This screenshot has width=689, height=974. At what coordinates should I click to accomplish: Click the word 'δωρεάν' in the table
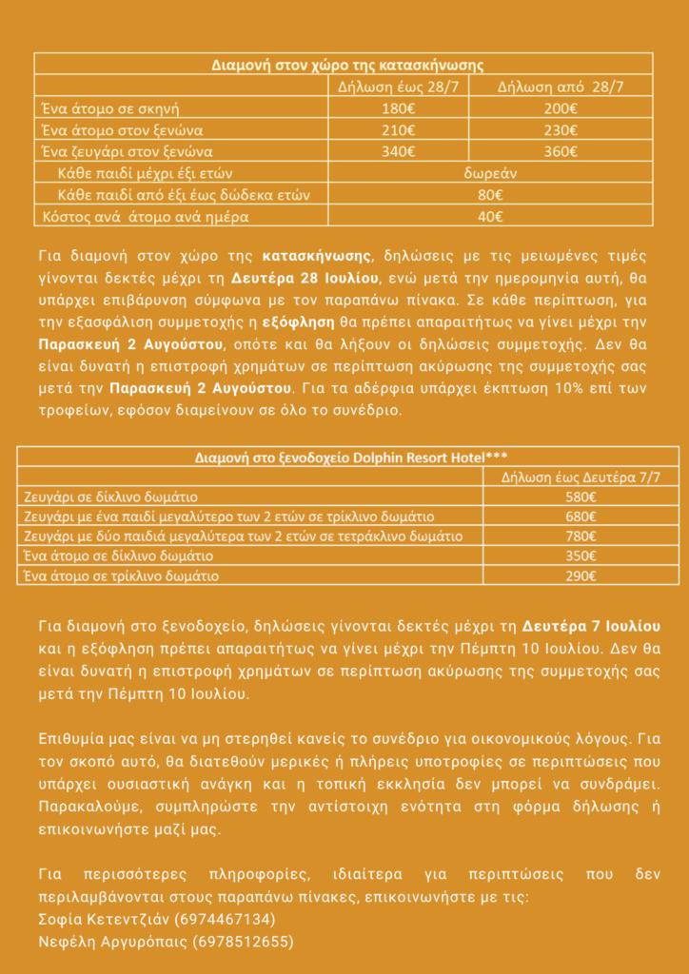[490, 173]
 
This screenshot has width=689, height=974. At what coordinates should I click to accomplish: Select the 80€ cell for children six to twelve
[490, 195]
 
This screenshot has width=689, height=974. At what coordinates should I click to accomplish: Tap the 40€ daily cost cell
[490, 216]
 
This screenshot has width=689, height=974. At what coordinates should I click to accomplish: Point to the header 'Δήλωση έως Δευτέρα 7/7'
[581, 477]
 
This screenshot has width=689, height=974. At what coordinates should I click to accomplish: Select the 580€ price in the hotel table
[581, 497]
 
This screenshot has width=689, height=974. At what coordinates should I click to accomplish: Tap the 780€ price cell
[581, 536]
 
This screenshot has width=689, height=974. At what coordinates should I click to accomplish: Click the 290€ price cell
[581, 575]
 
